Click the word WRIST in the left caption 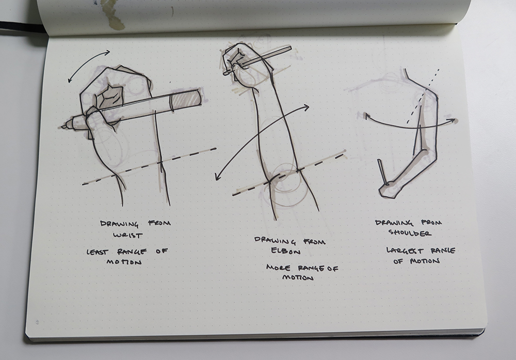click(x=127, y=235)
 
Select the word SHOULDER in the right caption click(x=410, y=233)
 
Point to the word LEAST click(x=98, y=252)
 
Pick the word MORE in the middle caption click(x=279, y=268)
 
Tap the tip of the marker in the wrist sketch click(x=63, y=127)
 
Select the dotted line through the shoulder click(x=423, y=97)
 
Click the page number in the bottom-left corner click(x=38, y=322)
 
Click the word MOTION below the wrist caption click(x=124, y=262)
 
